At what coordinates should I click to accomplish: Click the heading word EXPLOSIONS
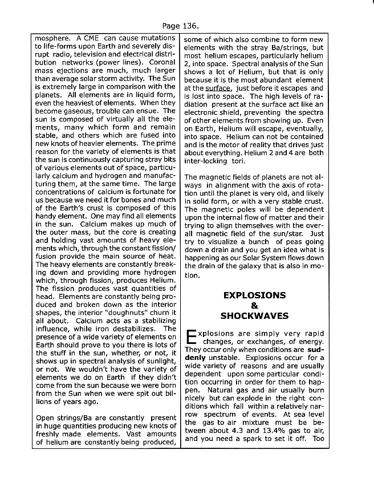[254, 295]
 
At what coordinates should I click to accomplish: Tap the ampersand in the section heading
[254, 306]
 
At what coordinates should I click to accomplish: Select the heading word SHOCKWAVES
[254, 316]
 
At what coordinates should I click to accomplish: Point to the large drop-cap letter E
[191, 338]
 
